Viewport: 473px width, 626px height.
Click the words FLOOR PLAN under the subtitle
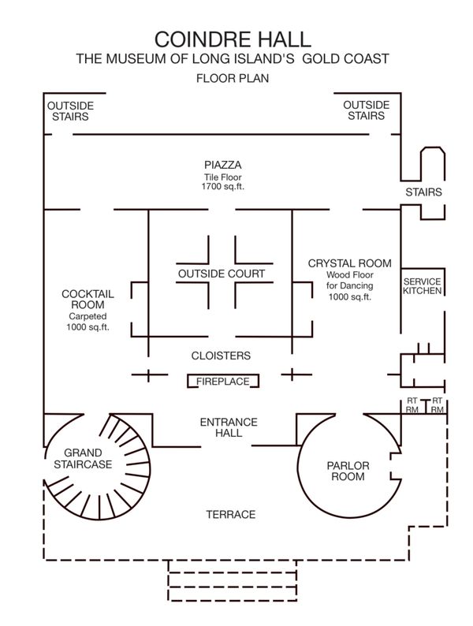point(233,79)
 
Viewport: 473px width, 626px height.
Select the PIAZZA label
point(222,165)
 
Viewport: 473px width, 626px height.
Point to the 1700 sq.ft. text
point(222,186)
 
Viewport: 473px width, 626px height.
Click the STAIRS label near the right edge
point(423,192)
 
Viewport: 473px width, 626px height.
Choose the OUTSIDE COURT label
point(222,274)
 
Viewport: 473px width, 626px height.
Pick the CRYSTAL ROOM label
point(349,263)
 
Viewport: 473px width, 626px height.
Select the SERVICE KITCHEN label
point(423,286)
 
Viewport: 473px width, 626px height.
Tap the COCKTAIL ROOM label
point(88,299)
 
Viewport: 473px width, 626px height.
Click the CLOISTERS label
point(222,356)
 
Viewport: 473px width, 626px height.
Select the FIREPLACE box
point(223,382)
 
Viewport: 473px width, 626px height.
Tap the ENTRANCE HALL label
point(222,427)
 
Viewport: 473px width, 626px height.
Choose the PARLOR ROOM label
point(348,471)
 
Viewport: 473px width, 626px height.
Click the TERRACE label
point(230,515)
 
